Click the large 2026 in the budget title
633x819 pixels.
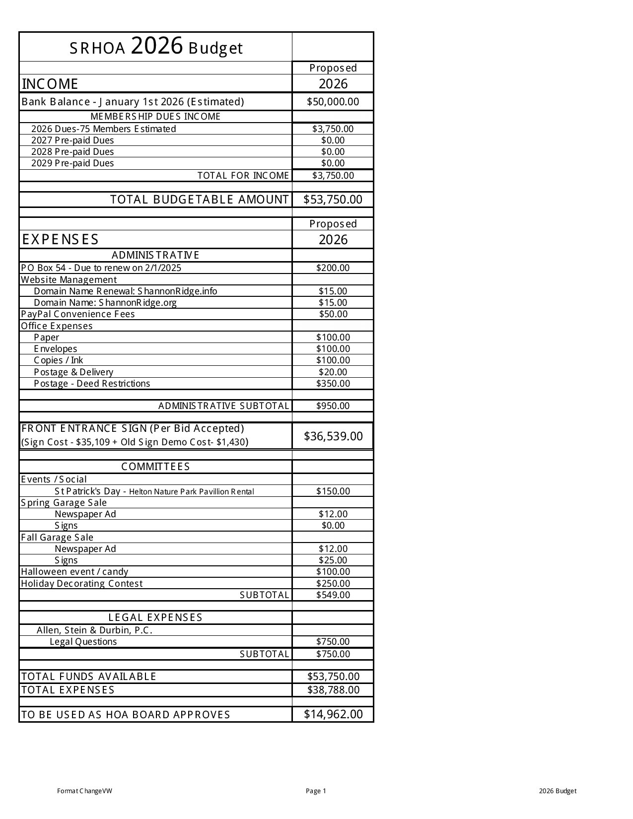pos(157,46)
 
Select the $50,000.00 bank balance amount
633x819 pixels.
pos(333,102)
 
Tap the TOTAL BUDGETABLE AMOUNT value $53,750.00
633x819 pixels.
pos(333,200)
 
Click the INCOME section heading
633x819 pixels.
pos(50,84)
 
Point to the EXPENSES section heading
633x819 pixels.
pos(60,240)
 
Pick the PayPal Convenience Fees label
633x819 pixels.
pos(77,314)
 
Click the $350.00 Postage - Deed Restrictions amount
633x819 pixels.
pos(333,384)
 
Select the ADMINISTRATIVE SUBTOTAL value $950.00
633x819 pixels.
pos(333,406)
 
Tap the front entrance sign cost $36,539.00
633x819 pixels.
pos(333,436)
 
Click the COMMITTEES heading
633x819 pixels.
pos(155,467)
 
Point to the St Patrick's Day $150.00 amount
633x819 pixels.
pos(333,491)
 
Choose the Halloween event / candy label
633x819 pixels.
pos(74,572)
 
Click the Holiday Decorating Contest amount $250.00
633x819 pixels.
pos(333,584)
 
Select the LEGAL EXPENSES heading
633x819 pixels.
pos(155,617)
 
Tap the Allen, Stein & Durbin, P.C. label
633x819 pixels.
pos(94,630)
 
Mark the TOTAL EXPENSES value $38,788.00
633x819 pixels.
pos(333,690)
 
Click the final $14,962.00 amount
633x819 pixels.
pos(333,714)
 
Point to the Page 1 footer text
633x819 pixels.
pos(316,791)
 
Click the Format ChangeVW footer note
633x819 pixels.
pos(84,791)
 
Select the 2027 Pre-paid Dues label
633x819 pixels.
pos(72,140)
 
